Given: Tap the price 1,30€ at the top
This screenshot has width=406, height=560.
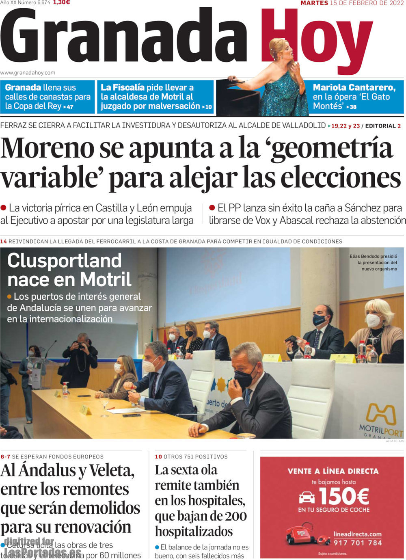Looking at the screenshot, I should click(x=61, y=2).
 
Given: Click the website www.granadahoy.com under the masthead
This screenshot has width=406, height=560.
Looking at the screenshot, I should click(x=28, y=73).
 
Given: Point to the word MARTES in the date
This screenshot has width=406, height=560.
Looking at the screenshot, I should click(x=314, y=3).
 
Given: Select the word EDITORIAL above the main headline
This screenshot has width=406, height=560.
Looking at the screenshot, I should click(x=380, y=126).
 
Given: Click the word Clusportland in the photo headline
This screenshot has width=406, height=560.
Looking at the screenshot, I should click(x=64, y=261).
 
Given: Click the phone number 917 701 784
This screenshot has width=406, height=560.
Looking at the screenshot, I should click(x=358, y=543).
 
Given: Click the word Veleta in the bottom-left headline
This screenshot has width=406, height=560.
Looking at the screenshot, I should click(x=109, y=471).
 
